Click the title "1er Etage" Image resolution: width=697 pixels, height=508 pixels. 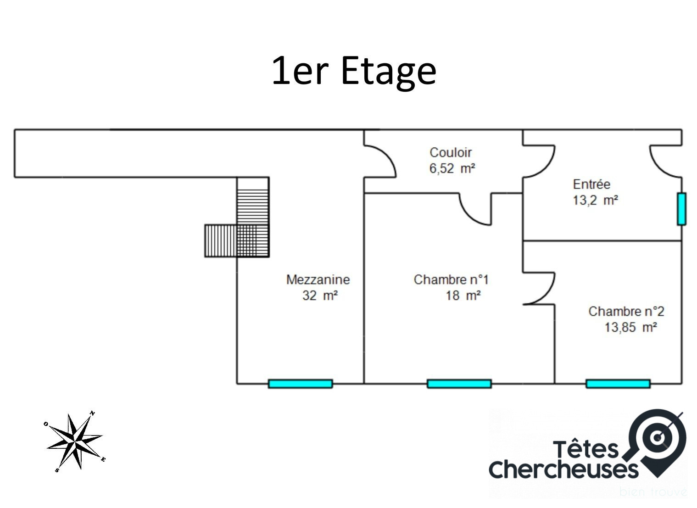click(354, 71)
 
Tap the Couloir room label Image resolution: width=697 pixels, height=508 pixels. click(450, 152)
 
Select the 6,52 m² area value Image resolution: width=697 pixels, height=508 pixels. click(452, 168)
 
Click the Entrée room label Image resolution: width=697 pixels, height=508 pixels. click(591, 184)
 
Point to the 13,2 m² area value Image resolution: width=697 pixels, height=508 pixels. click(595, 200)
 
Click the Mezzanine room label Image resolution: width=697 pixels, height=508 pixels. click(318, 279)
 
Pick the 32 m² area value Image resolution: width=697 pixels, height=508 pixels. click(320, 296)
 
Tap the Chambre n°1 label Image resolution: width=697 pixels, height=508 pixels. click(451, 279)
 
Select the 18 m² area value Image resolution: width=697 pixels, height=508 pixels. click(463, 296)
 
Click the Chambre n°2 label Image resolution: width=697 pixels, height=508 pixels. click(626, 312)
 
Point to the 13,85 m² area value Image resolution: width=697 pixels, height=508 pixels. click(630, 328)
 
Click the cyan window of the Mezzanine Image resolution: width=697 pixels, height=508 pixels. click(300, 384)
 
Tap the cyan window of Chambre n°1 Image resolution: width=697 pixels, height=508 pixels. click(459, 384)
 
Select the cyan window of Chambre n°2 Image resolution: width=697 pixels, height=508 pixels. click(618, 384)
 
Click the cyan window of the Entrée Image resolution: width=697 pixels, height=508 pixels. click(681, 209)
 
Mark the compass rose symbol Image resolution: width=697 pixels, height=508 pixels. click(74, 441)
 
